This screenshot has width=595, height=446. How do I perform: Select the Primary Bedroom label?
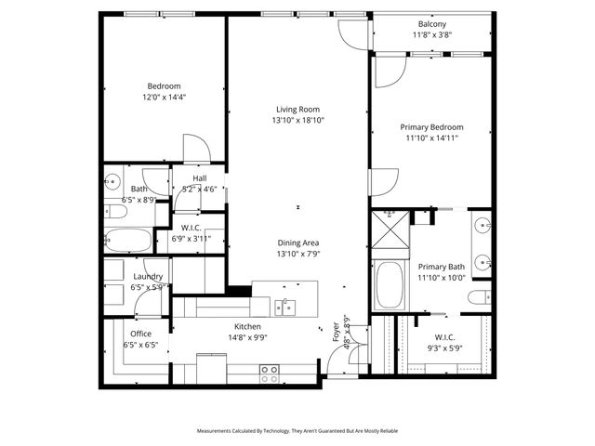click(431, 127)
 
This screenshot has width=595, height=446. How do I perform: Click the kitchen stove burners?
click(269, 374)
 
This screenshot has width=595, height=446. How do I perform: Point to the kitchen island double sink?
click(285, 306)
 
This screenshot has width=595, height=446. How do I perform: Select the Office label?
click(140, 334)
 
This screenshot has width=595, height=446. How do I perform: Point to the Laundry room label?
click(148, 277)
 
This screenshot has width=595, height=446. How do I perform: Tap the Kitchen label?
click(246, 326)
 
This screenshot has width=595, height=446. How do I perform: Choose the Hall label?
click(199, 178)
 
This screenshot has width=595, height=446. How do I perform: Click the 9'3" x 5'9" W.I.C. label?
click(443, 343)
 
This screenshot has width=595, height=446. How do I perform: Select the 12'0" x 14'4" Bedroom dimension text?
click(164, 97)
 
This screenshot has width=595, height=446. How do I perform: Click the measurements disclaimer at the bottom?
click(297, 431)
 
